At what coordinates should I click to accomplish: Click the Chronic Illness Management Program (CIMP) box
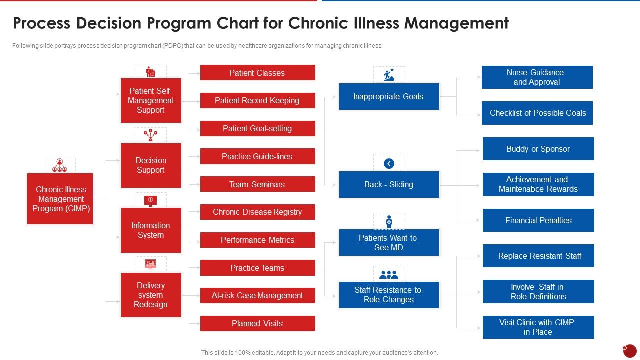(60, 199)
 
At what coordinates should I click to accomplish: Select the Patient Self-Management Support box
(151, 100)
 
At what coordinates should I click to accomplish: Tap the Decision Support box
(151, 165)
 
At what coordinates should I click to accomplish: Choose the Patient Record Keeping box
(257, 100)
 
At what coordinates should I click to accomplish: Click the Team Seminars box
(257, 184)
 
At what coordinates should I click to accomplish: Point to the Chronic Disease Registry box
(257, 212)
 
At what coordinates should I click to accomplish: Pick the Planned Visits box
(257, 323)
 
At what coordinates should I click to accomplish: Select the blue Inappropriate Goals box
(389, 96)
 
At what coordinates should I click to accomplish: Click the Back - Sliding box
(389, 184)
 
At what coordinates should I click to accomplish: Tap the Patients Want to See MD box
(389, 242)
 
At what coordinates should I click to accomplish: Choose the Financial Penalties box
(538, 220)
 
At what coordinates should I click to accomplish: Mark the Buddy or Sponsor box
(538, 149)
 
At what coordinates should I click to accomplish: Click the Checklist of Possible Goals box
(537, 113)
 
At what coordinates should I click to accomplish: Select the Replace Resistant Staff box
(538, 256)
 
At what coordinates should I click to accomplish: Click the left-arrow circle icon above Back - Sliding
(389, 163)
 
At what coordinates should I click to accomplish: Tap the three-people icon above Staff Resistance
(389, 275)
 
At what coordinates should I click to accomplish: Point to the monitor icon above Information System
(150, 200)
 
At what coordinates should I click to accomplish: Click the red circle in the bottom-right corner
(630, 350)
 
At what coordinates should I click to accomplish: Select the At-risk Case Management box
(257, 295)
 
